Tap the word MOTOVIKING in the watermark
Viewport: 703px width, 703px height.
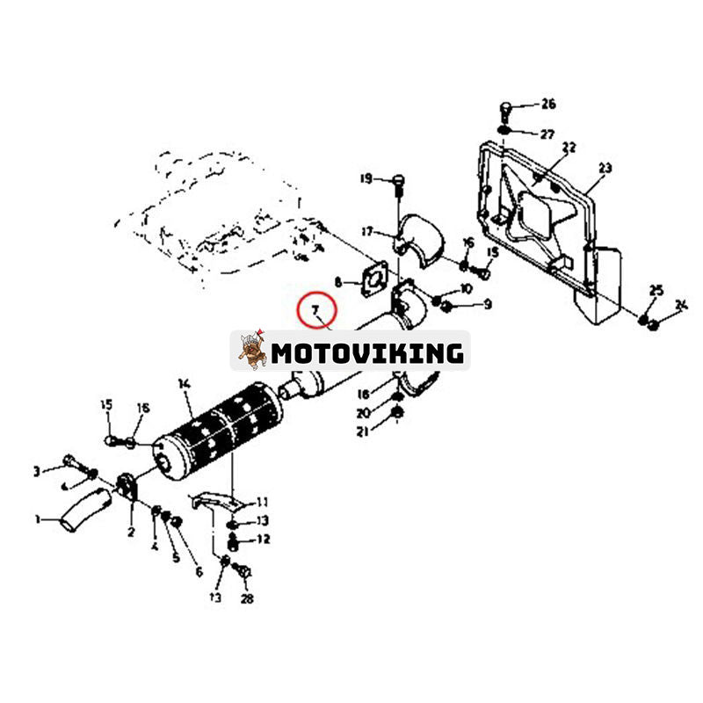pyautogui.click(x=366, y=353)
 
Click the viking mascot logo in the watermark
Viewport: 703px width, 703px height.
pyautogui.click(x=252, y=350)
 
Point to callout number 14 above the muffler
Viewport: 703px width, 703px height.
pyautogui.click(x=184, y=384)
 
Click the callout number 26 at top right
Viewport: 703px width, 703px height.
pyautogui.click(x=548, y=105)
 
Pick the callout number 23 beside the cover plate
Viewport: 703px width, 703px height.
pyautogui.click(x=605, y=168)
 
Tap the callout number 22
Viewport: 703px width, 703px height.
pyautogui.click(x=569, y=148)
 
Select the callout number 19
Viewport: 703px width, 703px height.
pyautogui.click(x=366, y=179)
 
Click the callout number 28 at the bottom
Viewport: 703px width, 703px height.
pyautogui.click(x=247, y=599)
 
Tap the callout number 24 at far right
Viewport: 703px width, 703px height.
pyautogui.click(x=681, y=306)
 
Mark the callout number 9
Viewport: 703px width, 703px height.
pyautogui.click(x=488, y=305)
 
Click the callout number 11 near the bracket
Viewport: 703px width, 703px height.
pyautogui.click(x=262, y=502)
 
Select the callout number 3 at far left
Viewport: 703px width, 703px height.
pyautogui.click(x=37, y=471)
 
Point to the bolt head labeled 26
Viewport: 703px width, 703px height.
pyautogui.click(x=505, y=110)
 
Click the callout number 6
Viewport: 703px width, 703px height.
pyautogui.click(x=199, y=571)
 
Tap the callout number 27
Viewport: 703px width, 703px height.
pyautogui.click(x=547, y=134)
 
